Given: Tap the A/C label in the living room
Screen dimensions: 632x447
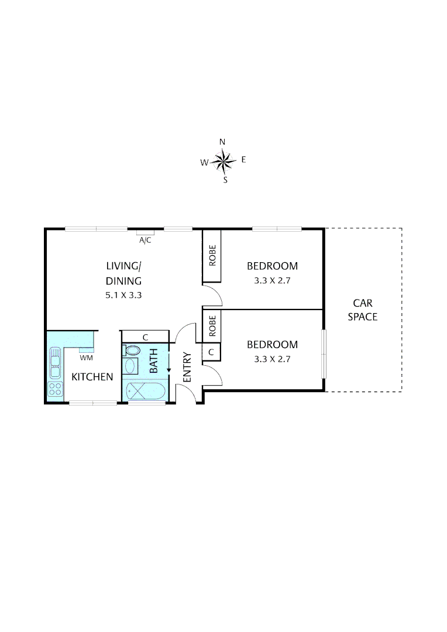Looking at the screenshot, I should point(144,240).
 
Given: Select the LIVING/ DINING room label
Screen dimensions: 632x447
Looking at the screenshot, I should point(123,273).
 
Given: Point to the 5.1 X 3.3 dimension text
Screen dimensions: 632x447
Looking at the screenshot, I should point(123,296).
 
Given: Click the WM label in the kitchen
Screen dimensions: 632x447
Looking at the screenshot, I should point(85,357).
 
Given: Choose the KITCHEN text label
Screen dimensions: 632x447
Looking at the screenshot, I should point(92,377).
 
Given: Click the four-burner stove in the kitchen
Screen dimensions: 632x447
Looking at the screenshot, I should point(55,389).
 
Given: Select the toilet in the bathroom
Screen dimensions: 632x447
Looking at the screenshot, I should point(131,351).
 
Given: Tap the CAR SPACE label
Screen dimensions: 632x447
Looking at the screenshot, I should point(363,310).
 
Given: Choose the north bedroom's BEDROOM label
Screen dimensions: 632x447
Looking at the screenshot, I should point(272,266).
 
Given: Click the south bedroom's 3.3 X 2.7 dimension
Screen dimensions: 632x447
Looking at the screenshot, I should point(272,359).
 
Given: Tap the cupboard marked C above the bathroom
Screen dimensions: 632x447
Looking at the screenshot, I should point(145,336).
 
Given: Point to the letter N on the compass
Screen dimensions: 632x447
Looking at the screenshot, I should point(222,142).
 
